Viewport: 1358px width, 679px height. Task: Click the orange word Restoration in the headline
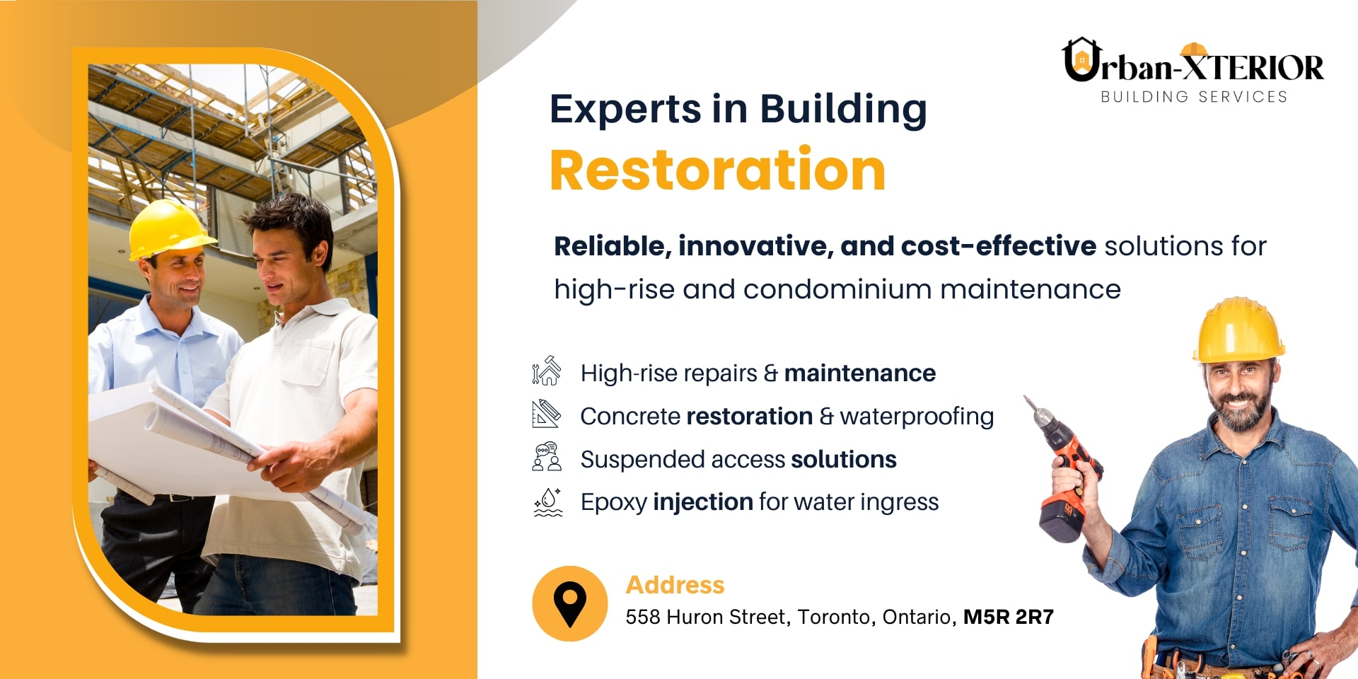click(717, 170)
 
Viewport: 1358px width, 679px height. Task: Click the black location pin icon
click(570, 605)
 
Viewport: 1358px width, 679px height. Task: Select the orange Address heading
click(675, 585)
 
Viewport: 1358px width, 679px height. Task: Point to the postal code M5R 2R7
click(1009, 617)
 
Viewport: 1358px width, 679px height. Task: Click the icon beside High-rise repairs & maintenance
click(546, 371)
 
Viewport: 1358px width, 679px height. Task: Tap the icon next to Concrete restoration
click(546, 414)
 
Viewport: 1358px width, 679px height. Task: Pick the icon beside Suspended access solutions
click(547, 457)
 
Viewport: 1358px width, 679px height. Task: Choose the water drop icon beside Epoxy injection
click(547, 502)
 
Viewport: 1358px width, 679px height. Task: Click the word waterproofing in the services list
click(917, 417)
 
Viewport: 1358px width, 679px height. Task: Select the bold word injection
click(703, 502)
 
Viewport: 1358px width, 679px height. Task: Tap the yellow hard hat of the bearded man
click(1238, 330)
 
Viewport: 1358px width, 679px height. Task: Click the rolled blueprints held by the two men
click(212, 446)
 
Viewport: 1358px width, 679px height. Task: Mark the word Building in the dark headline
click(843, 110)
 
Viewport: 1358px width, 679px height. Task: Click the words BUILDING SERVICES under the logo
click(1194, 97)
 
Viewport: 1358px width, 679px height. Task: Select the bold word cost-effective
click(999, 246)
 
